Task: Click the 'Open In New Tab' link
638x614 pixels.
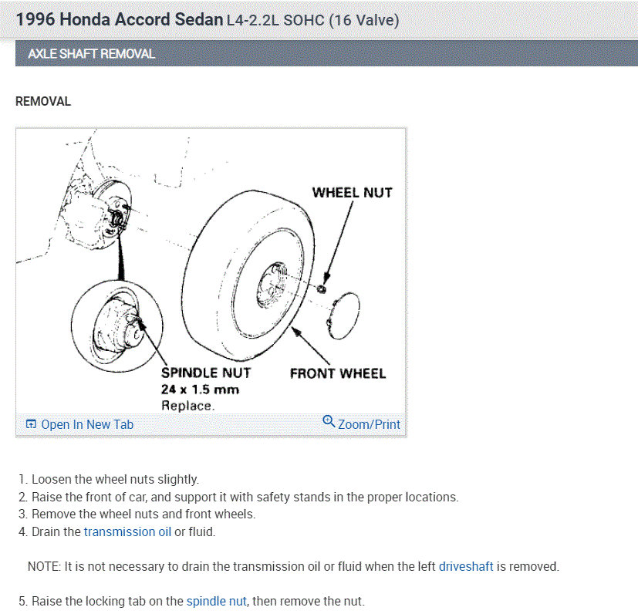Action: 86,424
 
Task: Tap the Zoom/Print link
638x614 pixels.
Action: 369,424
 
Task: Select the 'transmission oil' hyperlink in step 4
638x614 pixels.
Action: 127,531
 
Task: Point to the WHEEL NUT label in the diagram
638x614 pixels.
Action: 352,192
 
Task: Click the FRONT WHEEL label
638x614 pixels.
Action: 337,373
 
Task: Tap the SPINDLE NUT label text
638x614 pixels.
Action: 206,373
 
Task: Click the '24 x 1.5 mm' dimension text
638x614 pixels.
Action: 200,390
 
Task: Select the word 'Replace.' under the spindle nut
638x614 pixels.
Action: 188,405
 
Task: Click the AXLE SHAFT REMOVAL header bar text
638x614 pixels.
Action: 91,54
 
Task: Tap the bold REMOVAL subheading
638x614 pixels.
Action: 43,101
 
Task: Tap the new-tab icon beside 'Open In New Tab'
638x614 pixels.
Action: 31,424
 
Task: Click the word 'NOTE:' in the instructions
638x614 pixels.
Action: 45,566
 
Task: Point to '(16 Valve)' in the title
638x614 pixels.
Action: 364,21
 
